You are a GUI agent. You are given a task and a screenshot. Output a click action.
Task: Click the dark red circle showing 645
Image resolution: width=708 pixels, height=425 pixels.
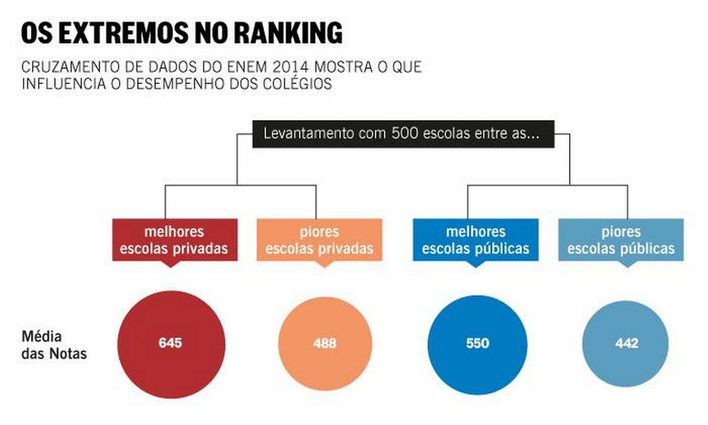tap(171, 344)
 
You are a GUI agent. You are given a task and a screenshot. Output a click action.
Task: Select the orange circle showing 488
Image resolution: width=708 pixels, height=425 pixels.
tap(325, 344)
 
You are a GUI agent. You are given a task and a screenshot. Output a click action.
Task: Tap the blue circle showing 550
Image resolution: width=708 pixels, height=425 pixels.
tap(477, 344)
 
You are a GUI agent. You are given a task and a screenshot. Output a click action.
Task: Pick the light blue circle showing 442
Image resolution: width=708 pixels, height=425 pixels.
tap(627, 344)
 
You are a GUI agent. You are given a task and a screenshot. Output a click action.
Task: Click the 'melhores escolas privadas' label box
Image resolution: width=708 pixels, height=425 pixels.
tap(173, 240)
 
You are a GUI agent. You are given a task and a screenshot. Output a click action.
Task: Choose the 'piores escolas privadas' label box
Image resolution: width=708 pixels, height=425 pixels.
tap(319, 240)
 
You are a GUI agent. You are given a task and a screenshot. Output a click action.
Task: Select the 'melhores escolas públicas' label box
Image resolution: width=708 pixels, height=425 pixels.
tap(475, 240)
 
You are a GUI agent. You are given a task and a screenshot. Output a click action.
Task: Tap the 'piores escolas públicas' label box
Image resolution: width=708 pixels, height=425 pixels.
tap(621, 240)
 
